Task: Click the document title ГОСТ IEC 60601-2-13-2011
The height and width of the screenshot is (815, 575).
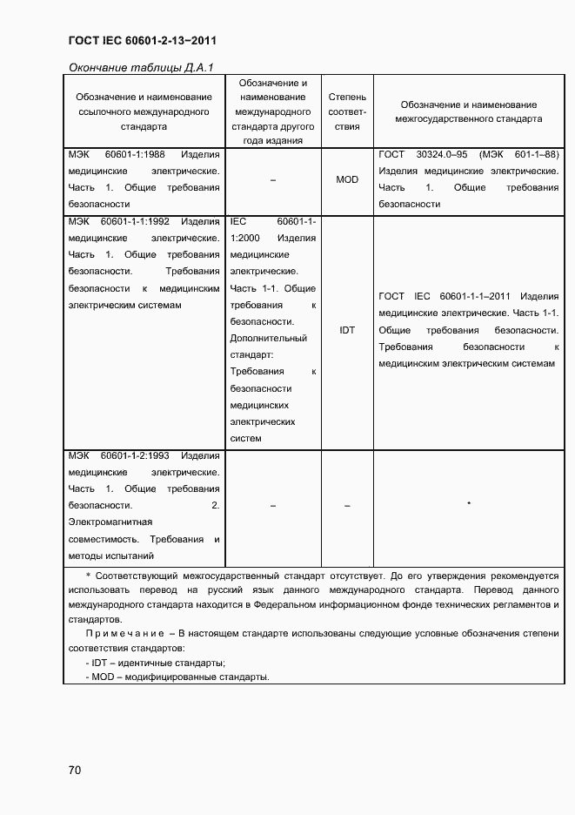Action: pyautogui.click(x=141, y=41)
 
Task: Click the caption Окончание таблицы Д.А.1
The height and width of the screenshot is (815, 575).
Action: pyautogui.click(x=141, y=67)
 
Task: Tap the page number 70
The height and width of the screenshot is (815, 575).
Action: pyautogui.click(x=75, y=770)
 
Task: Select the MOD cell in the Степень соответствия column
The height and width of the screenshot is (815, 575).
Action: pyautogui.click(x=347, y=179)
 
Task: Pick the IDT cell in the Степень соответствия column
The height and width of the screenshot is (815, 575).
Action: pyautogui.click(x=347, y=331)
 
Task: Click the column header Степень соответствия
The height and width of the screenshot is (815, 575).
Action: pyautogui.click(x=347, y=111)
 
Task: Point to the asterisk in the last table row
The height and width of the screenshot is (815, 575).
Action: pyautogui.click(x=469, y=504)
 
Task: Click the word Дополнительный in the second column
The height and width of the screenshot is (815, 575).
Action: pyautogui.click(x=269, y=338)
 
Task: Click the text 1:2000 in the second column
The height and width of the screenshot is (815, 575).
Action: pyautogui.click(x=246, y=238)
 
